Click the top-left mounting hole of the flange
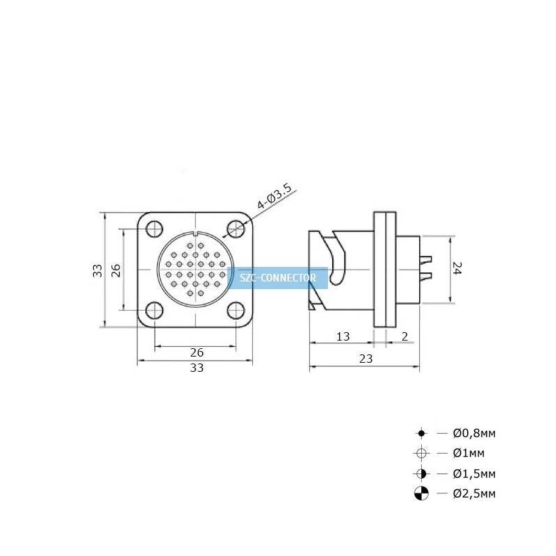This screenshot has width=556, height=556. pyautogui.click(x=154, y=229)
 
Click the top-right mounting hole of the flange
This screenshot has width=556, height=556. pyautogui.click(x=236, y=229)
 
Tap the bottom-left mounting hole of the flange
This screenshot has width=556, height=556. pyautogui.click(x=154, y=310)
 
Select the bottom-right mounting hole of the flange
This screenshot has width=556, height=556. pyautogui.click(x=236, y=311)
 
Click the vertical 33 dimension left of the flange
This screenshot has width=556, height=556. pyautogui.click(x=97, y=270)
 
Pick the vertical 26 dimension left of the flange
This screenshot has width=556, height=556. pyautogui.click(x=116, y=270)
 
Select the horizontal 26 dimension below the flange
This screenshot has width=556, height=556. pyautogui.click(x=197, y=352)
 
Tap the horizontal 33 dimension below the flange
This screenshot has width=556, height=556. pyautogui.click(x=197, y=368)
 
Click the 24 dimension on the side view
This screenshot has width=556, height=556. pyautogui.click(x=457, y=268)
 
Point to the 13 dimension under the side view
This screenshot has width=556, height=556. pyautogui.click(x=343, y=336)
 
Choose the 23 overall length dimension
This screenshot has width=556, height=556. pyautogui.click(x=366, y=359)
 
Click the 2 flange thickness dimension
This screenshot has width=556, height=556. pyautogui.click(x=404, y=336)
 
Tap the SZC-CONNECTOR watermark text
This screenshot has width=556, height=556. pyautogui.click(x=277, y=277)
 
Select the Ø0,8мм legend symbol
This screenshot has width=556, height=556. pyautogui.click(x=421, y=433)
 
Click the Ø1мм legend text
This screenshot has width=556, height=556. pyautogui.click(x=468, y=453)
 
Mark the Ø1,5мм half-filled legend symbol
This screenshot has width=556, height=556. pyautogui.click(x=421, y=474)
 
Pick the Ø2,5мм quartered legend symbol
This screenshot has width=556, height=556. pyautogui.click(x=421, y=493)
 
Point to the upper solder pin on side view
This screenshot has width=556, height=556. pyautogui.click(x=425, y=259)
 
